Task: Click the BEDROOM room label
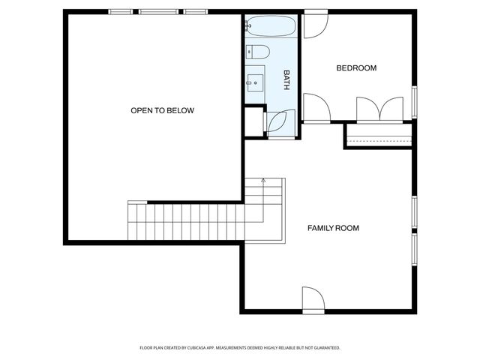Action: point(356,68)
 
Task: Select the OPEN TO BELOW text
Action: point(162,111)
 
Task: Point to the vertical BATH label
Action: point(286,80)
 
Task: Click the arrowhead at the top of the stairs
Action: point(263,180)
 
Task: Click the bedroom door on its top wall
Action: point(315,22)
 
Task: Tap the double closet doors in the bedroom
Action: point(380,109)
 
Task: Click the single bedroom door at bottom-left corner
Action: point(315,107)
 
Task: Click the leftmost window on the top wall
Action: point(121,12)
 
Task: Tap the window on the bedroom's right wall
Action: point(414,102)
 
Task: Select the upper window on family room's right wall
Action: point(414,214)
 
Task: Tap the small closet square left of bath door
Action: point(253,121)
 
